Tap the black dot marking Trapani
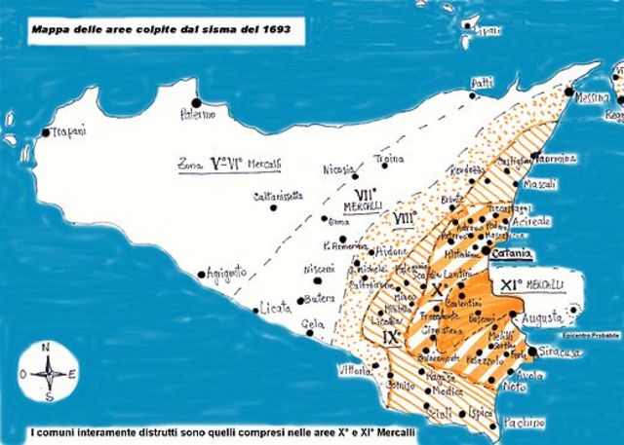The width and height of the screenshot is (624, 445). (45, 132)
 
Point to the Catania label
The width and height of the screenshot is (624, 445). (510, 255)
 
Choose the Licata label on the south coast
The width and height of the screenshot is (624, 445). (277, 309)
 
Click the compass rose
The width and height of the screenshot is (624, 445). (50, 371)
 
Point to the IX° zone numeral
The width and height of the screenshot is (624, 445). (392, 337)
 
